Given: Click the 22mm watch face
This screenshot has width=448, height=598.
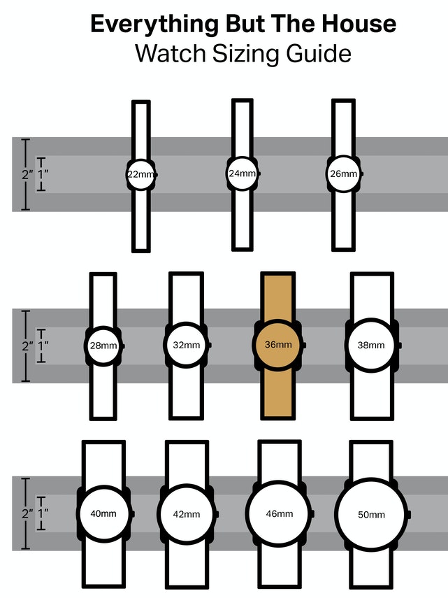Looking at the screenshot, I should point(141,174).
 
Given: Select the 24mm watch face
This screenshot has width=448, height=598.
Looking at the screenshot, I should point(242,173).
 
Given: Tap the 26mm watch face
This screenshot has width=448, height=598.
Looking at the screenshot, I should point(343,174).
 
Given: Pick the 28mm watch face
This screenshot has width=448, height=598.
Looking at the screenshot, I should point(103,346).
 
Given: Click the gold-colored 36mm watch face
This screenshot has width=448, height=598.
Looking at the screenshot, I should point(277,345).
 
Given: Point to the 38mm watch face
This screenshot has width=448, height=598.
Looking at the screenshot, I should point(370,345).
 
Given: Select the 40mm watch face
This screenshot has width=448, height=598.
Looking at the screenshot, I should point(103,513).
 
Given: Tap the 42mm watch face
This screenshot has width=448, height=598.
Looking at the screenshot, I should point(186,514).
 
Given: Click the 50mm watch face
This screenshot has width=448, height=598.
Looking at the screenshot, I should point(371,515).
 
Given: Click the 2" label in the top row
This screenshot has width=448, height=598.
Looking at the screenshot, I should point(27,174).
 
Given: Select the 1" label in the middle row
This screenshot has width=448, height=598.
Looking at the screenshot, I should point(43,346).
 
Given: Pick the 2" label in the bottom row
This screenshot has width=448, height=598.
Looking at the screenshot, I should point(27,513).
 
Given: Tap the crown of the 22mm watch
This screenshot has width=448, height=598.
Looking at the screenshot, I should point(156,174).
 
